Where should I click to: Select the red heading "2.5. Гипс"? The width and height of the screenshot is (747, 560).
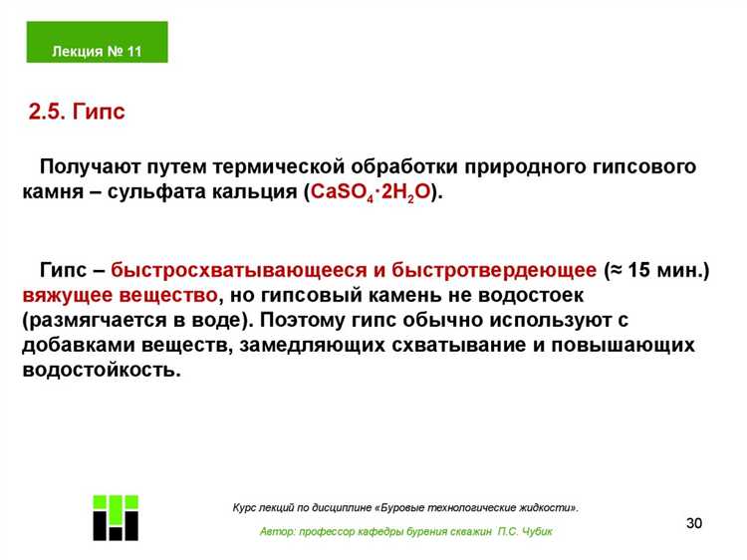coord(77,112)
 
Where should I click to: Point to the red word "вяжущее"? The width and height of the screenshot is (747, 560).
coord(68,296)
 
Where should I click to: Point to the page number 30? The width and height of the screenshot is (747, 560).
coord(694,525)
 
